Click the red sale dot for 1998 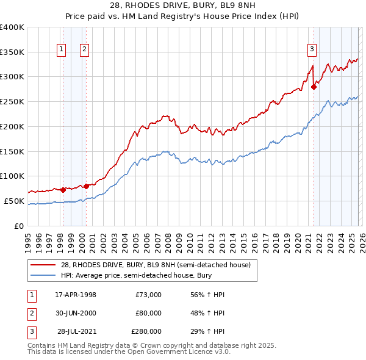pos(63,190)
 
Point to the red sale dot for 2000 pos(86,186)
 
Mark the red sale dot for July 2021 pos(314,87)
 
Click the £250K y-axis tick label pos(12,102)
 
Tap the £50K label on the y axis pos(14,201)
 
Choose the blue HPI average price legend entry pos(143,276)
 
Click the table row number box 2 pos(30,313)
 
